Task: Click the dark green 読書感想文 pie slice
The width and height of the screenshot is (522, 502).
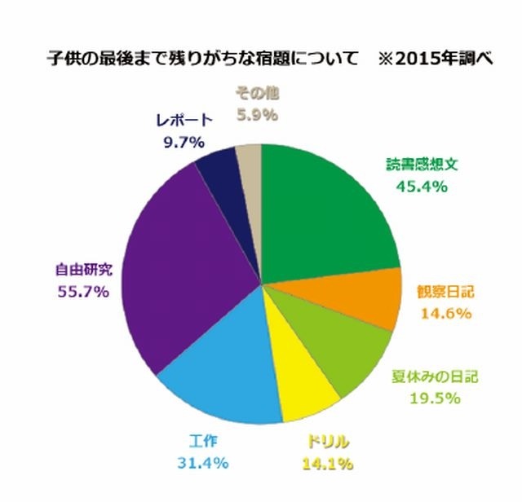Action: tap(326, 212)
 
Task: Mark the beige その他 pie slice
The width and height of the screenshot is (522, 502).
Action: tap(250, 159)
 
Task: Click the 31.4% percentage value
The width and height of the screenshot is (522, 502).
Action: tap(200, 462)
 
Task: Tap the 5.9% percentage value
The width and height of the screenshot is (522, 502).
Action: tap(257, 116)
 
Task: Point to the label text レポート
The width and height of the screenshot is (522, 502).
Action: tap(184, 121)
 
